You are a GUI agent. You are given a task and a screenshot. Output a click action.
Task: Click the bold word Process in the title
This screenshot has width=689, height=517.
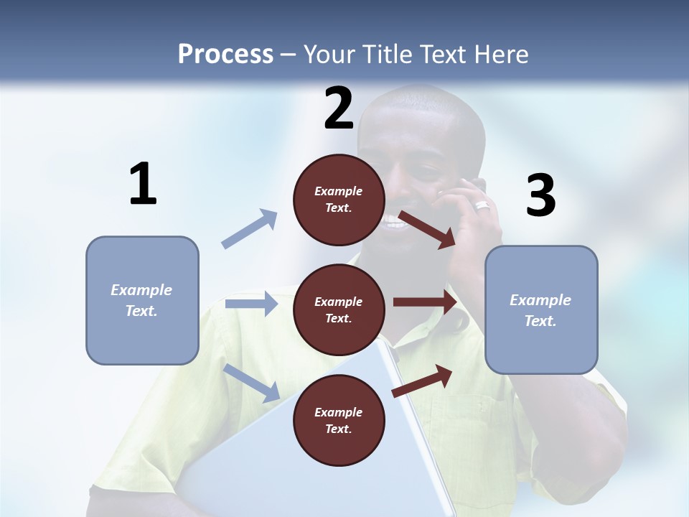coord(225,54)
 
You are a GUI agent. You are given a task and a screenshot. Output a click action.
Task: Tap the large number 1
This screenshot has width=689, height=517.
coord(143,184)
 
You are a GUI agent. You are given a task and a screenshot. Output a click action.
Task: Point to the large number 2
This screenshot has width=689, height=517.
coord(339,108)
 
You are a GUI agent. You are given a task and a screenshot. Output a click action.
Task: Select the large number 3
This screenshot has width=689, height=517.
coord(540,195)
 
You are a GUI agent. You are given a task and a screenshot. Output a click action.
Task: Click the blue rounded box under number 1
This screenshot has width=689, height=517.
coord(142,300)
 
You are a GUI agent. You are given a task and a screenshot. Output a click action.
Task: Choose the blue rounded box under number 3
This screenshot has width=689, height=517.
coord(541,310)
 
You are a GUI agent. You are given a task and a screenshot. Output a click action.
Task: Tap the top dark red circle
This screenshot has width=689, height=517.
coord(339,200)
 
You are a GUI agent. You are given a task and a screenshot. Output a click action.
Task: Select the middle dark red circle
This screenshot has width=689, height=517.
coord(339,310)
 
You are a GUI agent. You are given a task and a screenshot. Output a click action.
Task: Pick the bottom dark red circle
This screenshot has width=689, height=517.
coord(339,421)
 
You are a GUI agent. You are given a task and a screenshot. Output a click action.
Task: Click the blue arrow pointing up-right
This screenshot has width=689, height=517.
coord(250,229)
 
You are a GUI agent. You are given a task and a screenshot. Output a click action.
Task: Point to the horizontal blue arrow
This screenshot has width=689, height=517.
coord(251,304)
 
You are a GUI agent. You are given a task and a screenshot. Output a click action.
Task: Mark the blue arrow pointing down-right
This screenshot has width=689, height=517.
coord(252,383)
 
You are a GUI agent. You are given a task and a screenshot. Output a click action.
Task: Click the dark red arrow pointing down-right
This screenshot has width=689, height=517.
coord(428,229)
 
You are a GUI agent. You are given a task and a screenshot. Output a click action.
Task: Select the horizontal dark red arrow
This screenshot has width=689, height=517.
coord(425,302)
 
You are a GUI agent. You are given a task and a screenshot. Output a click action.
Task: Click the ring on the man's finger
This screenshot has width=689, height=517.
coord(482,206)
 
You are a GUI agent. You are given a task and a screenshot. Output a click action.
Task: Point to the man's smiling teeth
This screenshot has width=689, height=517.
coord(394,222)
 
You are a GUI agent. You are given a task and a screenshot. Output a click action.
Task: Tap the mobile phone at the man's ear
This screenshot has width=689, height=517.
coord(479,185)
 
